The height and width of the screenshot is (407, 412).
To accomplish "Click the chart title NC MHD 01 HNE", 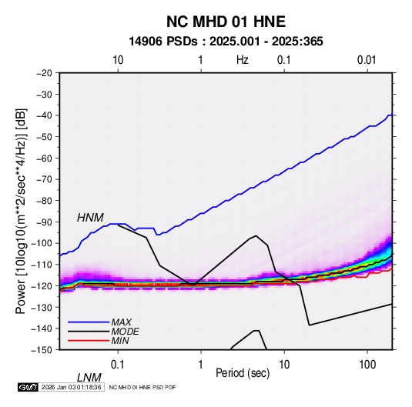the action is point(226,22).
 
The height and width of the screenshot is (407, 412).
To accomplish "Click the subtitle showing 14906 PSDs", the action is point(226,42).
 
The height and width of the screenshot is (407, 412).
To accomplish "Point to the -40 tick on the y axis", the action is point(44,115).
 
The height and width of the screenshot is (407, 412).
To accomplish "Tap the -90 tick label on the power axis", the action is point(44,222).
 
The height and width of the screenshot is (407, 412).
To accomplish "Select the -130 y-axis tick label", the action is point(42,307).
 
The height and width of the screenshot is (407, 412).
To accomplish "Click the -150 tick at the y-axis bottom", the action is point(42,350).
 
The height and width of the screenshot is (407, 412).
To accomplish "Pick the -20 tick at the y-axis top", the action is point(44,73).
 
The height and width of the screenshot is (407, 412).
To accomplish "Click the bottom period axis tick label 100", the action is point(367,365).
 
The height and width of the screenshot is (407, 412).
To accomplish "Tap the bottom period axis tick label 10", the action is point(284,365).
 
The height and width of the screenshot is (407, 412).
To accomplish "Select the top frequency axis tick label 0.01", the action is point(367,60).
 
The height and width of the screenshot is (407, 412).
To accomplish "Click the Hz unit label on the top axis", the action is point(243,60).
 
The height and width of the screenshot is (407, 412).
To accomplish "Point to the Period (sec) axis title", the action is point(243,373).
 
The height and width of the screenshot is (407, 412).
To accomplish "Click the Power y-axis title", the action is point(21,211).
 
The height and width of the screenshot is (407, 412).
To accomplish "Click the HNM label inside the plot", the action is point(90,218).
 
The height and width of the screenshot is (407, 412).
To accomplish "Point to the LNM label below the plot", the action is point(89,378).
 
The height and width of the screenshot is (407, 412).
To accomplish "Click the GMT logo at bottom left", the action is point(28,387).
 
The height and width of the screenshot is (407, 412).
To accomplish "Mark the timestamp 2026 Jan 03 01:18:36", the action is point(71,387).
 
